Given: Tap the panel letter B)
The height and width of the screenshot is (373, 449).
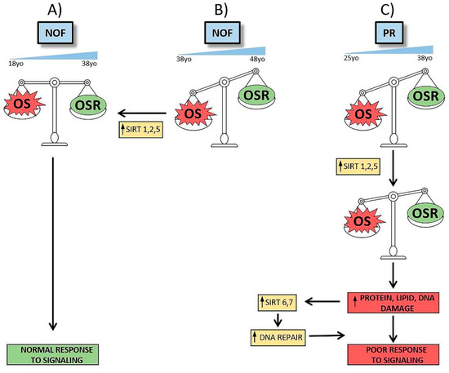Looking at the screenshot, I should (x=222, y=10).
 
